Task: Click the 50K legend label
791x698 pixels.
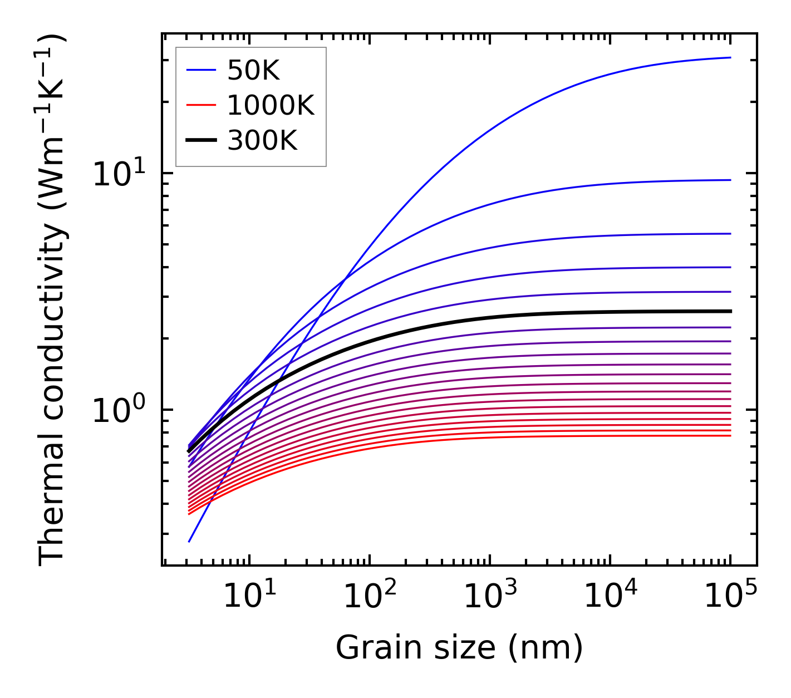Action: click(x=253, y=70)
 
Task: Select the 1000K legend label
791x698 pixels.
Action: click(x=271, y=105)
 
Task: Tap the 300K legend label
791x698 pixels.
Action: click(x=262, y=141)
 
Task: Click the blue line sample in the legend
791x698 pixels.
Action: click(x=200, y=70)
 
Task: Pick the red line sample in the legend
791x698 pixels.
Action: click(x=200, y=105)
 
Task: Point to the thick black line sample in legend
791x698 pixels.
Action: click(x=200, y=141)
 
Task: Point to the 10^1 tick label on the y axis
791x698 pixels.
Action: click(x=118, y=174)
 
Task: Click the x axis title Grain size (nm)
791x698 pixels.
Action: click(x=459, y=648)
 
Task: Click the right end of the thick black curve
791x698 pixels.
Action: click(x=730, y=311)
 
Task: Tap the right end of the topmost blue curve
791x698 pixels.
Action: click(x=730, y=57)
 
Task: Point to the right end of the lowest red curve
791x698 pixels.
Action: click(x=730, y=435)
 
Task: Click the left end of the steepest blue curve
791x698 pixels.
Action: click(x=189, y=542)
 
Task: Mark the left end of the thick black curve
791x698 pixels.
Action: click(x=189, y=450)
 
